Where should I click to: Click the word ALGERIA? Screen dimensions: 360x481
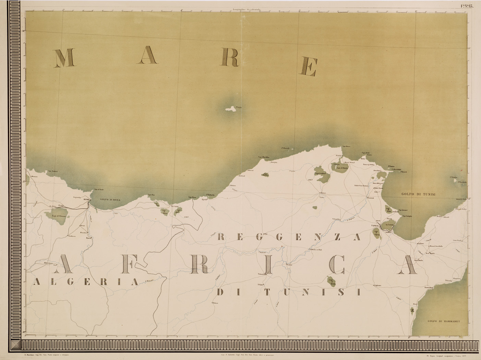pyautogui.click(x=86, y=282)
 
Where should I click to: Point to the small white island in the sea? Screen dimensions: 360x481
pyautogui.click(x=230, y=109)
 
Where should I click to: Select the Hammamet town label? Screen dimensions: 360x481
pyautogui.click(x=429, y=287)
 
